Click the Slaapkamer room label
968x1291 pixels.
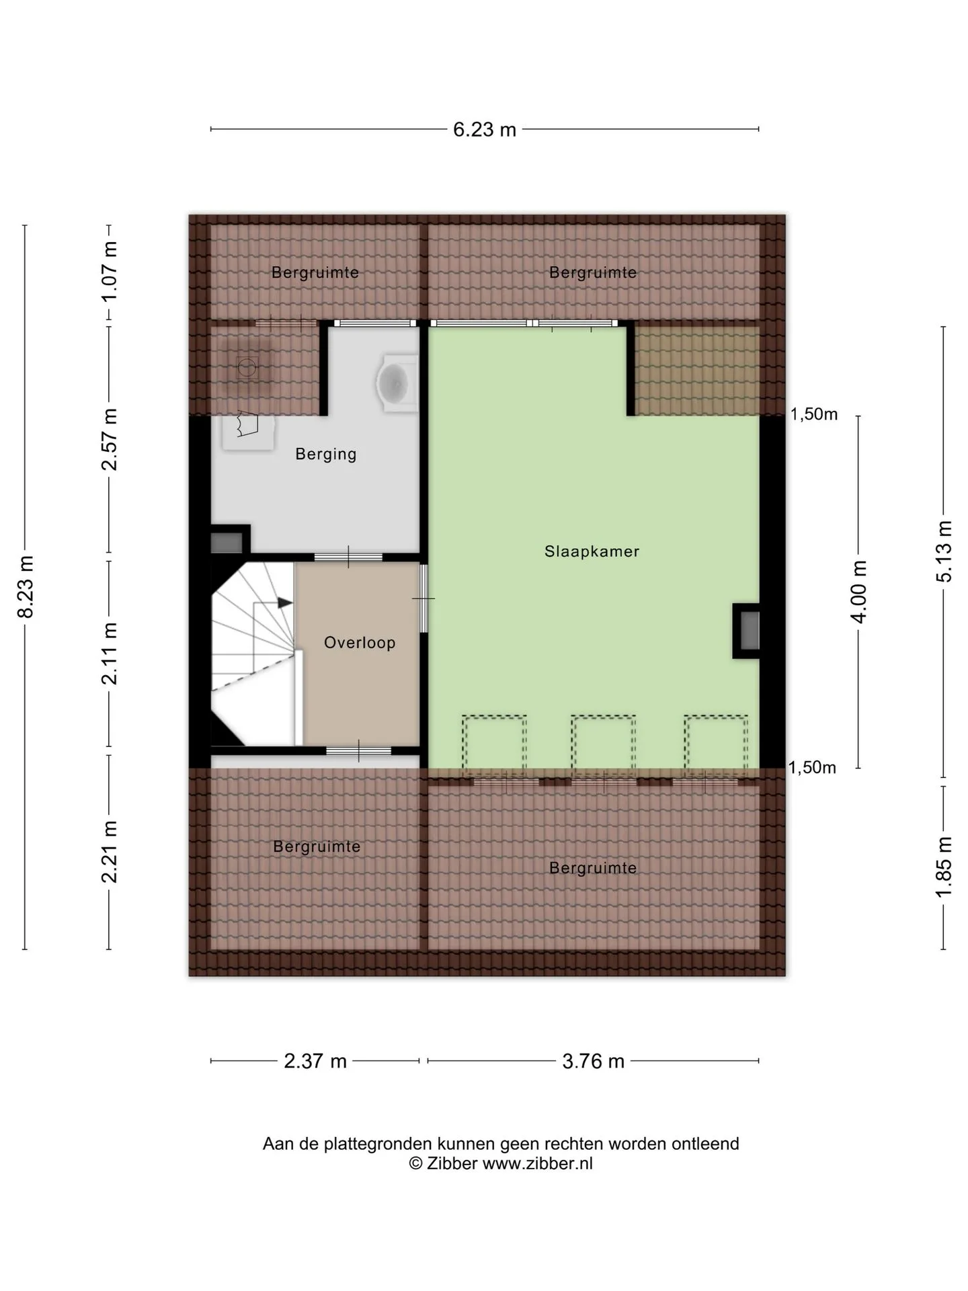(592, 551)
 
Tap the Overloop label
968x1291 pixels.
(360, 643)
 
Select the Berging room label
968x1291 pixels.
(326, 455)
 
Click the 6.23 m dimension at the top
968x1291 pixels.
(485, 129)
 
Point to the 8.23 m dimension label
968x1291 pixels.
(26, 586)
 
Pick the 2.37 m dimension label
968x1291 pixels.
(315, 1061)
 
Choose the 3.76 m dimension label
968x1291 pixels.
(594, 1061)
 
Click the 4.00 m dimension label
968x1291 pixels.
(859, 592)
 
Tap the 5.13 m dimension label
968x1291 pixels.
(944, 551)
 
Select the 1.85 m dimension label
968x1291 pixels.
(944, 866)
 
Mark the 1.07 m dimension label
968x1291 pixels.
(109, 272)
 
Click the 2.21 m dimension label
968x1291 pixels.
(109, 851)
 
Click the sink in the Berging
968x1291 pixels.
(397, 382)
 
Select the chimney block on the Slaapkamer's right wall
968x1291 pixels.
(746, 631)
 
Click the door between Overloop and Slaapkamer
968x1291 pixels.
(424, 598)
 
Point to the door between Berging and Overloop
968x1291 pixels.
(349, 557)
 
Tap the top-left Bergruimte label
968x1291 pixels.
(315, 273)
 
